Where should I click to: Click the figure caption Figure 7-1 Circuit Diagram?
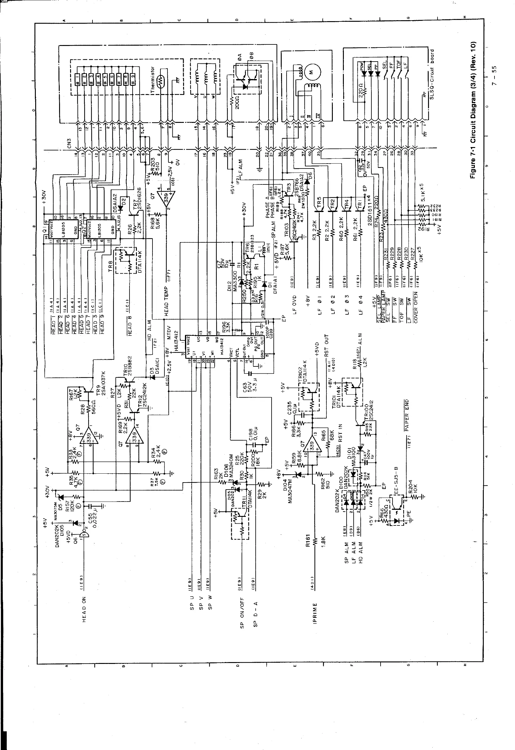coord(473,110)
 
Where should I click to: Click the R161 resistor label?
coord(308,542)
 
